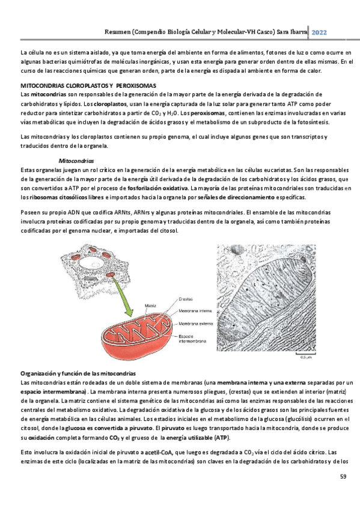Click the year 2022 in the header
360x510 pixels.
coord(319,32)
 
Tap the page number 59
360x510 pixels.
coord(343,476)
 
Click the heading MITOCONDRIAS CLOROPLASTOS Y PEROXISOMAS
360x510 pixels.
coord(88,86)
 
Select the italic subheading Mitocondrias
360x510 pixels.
coord(76,161)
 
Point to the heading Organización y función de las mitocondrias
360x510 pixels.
coord(78,373)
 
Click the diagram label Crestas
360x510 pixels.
coord(186,299)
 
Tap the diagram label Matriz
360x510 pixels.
coord(150,306)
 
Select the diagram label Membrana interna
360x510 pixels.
coord(195,310)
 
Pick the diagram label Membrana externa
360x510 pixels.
coord(195,324)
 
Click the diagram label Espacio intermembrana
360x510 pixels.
coord(192,339)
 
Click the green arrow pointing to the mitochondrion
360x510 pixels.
coord(123,296)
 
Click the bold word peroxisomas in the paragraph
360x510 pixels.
coord(207,113)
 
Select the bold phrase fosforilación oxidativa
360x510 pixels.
coord(157,188)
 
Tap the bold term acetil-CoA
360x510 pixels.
coord(159,452)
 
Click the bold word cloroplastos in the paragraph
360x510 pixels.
coord(110,104)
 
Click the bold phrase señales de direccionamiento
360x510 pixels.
coord(236,197)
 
